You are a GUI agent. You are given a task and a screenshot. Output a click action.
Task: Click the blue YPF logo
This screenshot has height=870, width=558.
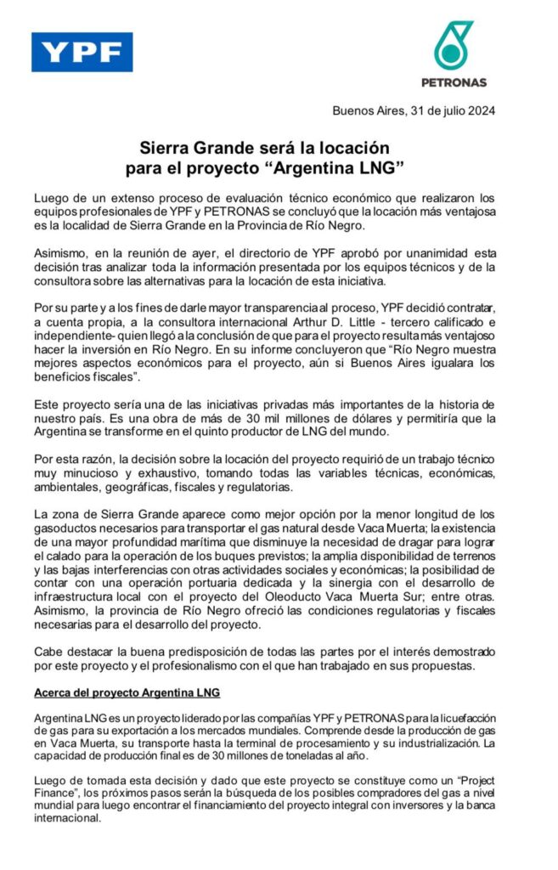(82, 53)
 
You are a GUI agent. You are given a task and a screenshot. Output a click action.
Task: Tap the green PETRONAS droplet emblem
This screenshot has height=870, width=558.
(454, 45)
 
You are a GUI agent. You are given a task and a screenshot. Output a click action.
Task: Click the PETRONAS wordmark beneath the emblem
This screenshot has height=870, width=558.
(454, 82)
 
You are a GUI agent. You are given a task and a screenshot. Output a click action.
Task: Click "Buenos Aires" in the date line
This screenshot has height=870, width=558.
(364, 110)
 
